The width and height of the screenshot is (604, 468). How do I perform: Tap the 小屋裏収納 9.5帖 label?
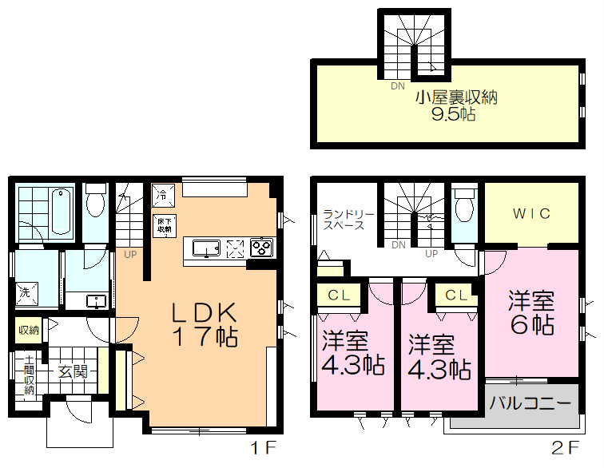pyautogui.click(x=455, y=106)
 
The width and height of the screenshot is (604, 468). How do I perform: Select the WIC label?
pyautogui.click(x=531, y=213)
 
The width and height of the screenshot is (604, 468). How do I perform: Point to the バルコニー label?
pyautogui.click(x=530, y=401)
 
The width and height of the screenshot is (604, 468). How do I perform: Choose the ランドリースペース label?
pyautogui.click(x=344, y=219)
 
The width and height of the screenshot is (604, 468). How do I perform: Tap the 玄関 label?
pyautogui.click(x=71, y=372)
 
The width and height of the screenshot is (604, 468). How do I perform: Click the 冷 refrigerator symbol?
pyautogui.click(x=161, y=193)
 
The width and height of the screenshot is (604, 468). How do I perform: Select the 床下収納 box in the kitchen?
pyautogui.click(x=163, y=224)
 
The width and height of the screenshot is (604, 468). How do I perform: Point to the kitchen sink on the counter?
pyautogui.click(x=207, y=250)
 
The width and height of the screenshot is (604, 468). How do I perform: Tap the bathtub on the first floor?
pyautogui.click(x=61, y=209)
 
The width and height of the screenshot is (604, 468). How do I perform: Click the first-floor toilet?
pyautogui.click(x=97, y=201)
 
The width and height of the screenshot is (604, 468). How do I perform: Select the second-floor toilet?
pyautogui.click(x=463, y=205)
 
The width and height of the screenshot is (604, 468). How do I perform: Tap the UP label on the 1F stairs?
pyautogui.click(x=129, y=256)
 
